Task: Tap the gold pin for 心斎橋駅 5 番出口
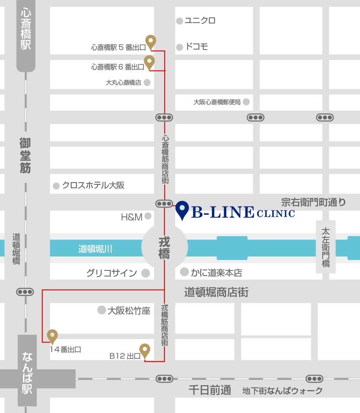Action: (151, 42)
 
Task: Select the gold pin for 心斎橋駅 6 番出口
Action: (149, 62)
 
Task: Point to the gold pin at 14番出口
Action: (52, 336)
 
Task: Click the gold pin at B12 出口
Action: (145, 350)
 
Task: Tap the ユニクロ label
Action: (200, 20)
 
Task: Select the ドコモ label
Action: (196, 47)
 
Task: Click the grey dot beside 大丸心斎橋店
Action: (147, 82)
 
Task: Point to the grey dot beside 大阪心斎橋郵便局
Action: (246, 102)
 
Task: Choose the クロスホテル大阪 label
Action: (93, 185)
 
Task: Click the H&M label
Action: (132, 216)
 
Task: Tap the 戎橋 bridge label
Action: (164, 248)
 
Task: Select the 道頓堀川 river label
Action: (95, 249)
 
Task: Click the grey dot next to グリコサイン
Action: (145, 273)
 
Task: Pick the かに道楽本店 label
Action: (216, 273)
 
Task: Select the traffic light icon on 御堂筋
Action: (25, 292)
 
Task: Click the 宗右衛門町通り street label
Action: (313, 202)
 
